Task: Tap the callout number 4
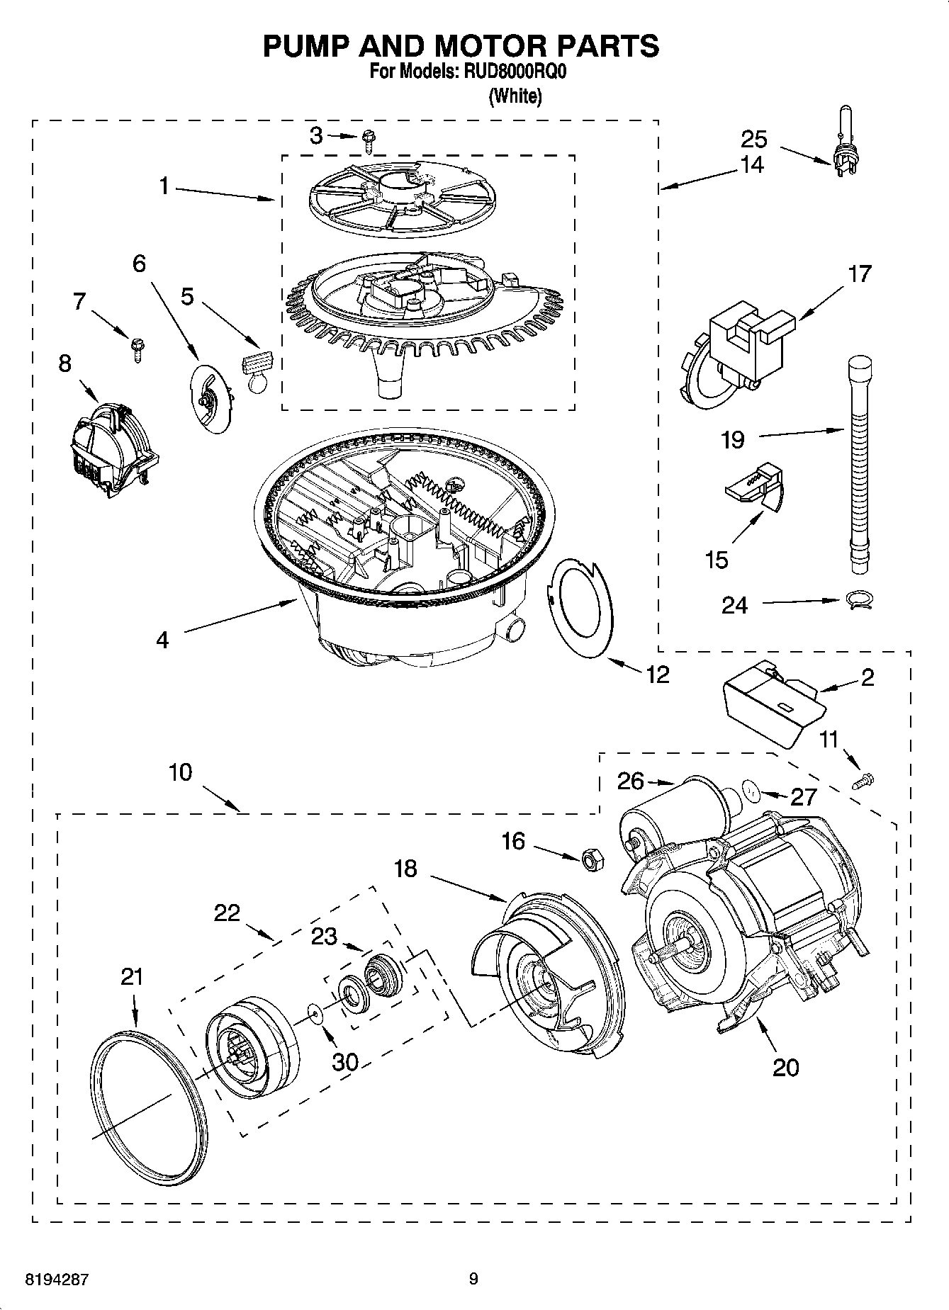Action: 162,640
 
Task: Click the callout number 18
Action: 405,869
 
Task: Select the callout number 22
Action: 227,913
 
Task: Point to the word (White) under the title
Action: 515,96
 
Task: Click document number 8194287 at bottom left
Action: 56,1280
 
